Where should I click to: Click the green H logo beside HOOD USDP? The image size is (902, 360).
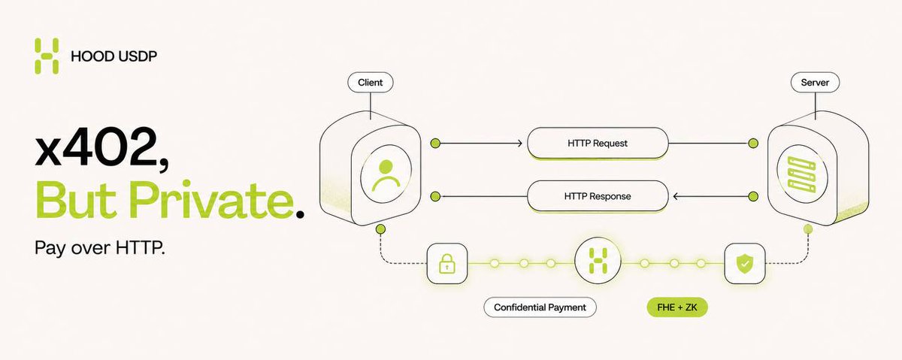tap(47, 56)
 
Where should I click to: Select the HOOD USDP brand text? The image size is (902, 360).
tap(114, 56)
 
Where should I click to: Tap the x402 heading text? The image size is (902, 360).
tap(102, 149)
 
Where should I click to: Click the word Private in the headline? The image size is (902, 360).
tap(211, 200)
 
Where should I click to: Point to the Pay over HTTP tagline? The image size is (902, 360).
tap(100, 248)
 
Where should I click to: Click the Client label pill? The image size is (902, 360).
tap(371, 83)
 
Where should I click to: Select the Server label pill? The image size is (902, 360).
tap(815, 83)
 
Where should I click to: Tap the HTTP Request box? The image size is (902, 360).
tap(598, 144)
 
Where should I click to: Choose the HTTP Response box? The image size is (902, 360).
tap(598, 196)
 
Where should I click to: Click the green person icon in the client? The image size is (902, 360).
tap(386, 175)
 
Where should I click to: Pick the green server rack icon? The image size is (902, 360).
tap(802, 175)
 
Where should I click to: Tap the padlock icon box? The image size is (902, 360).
tap(447, 264)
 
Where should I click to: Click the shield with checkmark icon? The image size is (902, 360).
tap(745, 264)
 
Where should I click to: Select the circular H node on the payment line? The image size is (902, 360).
tap(598, 261)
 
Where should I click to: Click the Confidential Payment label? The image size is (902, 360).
tap(540, 307)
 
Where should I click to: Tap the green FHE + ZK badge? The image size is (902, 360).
tap(677, 307)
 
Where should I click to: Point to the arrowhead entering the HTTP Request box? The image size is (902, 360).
tap(519, 144)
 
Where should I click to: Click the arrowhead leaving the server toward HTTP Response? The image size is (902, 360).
tap(676, 196)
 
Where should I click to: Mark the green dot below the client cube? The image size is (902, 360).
tap(380, 229)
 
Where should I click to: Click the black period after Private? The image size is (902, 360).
tap(300, 214)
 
